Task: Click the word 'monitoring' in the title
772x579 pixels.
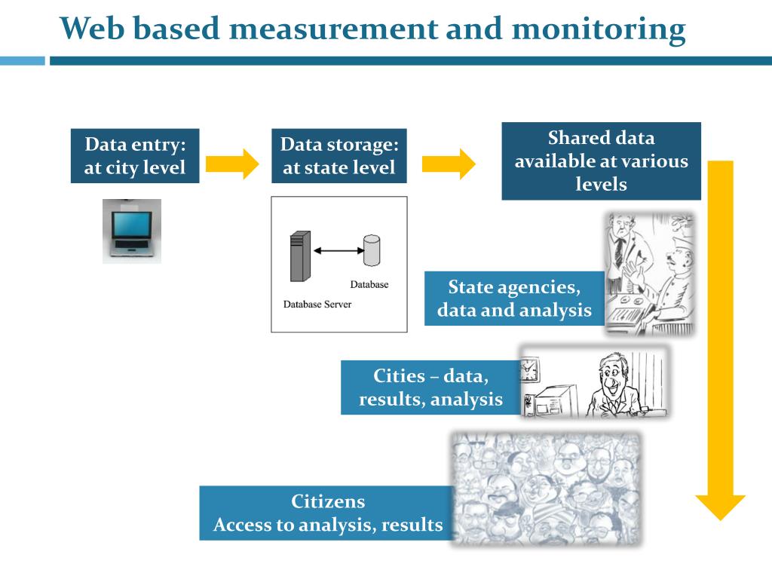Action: coord(599,29)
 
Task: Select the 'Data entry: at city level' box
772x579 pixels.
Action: coord(135,156)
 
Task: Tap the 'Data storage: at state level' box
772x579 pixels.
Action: coord(339,156)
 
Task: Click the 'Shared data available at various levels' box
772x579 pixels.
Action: coord(601,161)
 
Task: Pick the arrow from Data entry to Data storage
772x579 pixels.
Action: coord(232,164)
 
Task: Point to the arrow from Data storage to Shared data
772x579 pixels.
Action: coord(449,164)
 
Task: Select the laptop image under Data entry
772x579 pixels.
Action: coord(132,231)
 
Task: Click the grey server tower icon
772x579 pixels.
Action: coord(300,256)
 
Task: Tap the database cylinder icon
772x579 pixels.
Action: coord(372,250)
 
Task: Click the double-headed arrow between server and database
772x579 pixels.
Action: coord(339,250)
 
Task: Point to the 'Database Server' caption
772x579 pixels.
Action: coord(317,305)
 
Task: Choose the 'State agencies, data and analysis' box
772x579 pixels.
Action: coord(514,299)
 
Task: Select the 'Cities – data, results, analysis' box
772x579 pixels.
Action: coord(430,388)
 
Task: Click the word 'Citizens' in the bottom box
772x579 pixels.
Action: coord(328,501)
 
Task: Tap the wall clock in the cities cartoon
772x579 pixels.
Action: coord(530,370)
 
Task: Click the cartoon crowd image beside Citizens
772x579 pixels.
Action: coord(547,489)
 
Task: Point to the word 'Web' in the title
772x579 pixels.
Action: coord(91,28)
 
